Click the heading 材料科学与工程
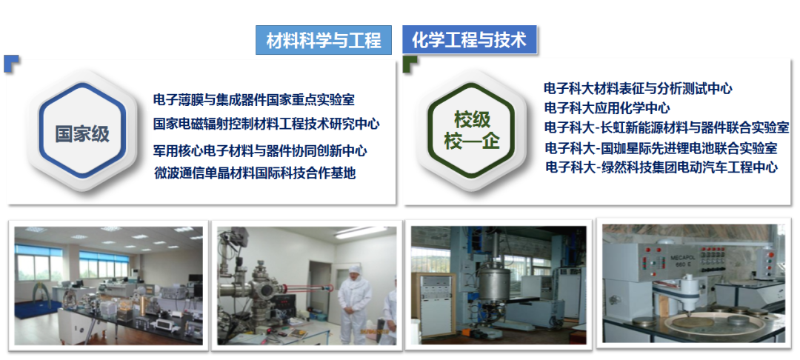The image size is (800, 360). (324, 40)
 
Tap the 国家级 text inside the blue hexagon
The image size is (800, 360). (83, 134)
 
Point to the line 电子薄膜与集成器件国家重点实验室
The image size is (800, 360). (253, 99)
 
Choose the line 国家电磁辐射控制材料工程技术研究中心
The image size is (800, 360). (267, 124)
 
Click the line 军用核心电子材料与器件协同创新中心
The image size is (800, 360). (260, 151)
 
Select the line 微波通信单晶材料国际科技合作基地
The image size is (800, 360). (255, 173)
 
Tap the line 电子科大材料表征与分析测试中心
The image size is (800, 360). (639, 89)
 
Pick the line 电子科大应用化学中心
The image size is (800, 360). (607, 108)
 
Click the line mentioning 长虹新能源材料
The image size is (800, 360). (667, 127)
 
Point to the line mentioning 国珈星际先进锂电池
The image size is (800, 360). (661, 148)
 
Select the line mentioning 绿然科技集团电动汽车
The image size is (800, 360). (661, 167)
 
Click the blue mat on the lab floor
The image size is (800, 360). (37, 309)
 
